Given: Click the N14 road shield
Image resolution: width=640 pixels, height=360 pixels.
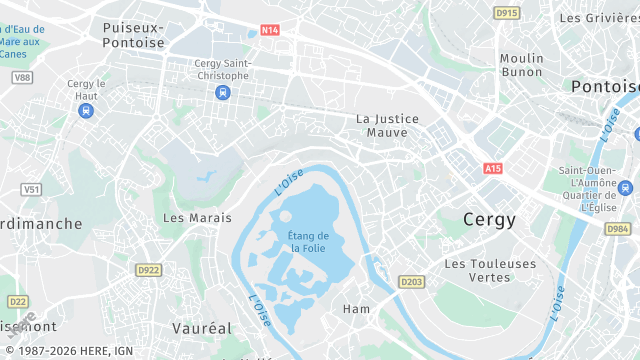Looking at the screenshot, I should coord(269,30).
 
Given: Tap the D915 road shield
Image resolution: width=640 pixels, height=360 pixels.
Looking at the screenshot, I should coord(507,13).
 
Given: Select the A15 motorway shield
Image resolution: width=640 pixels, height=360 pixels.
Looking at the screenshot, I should coord(492,169).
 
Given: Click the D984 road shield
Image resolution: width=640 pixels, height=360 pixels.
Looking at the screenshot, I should coord(617,229).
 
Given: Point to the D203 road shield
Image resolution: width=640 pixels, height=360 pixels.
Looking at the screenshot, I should coord(411,283).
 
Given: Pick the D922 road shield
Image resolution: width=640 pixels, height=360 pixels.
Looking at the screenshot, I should coord(148,270).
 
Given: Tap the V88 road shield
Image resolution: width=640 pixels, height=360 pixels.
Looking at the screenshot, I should coord(22,77).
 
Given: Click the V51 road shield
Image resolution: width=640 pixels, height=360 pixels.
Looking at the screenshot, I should coord(31,189).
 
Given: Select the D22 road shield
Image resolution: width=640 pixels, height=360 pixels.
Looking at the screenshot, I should coord(17,301).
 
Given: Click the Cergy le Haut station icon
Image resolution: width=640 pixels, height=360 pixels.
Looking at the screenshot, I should coord(86,111).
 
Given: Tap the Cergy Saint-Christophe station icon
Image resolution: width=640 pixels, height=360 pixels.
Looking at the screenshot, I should coord(222,93).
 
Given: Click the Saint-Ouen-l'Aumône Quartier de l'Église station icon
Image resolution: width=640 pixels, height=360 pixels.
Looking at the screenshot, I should coord(626,187).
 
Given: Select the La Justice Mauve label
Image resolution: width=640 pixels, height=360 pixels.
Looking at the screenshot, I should coord(388,125).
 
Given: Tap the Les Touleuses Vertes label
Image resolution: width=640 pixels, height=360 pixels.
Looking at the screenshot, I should coord(490,270).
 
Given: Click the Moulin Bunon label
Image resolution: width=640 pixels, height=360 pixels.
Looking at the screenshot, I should coord(522,65).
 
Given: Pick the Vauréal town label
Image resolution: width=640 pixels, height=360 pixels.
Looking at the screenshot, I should coord(201,328).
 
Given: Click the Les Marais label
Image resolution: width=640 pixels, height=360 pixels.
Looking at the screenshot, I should coord(197,217).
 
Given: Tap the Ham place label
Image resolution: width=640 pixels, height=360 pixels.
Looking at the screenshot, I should coord(357,309).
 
